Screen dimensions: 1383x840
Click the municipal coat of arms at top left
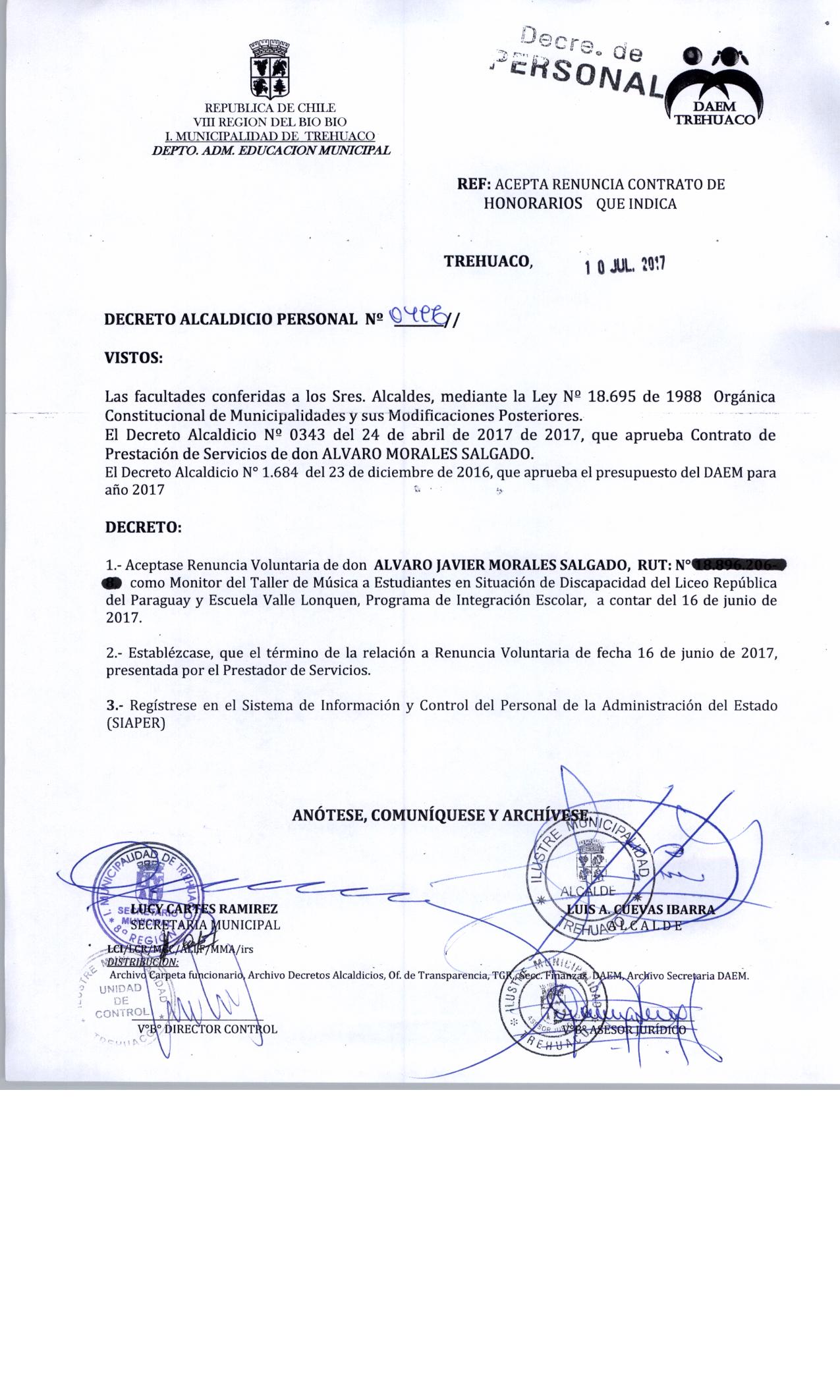click(x=269, y=68)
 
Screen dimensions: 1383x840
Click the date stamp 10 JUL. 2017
click(x=625, y=265)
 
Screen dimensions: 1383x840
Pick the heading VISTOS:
click(x=134, y=358)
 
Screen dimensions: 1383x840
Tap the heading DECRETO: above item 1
click(x=143, y=528)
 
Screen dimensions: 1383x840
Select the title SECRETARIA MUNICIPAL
click(x=206, y=925)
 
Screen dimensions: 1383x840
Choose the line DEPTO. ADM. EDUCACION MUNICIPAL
click(x=271, y=150)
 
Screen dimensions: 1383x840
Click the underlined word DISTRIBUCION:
click(x=138, y=962)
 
